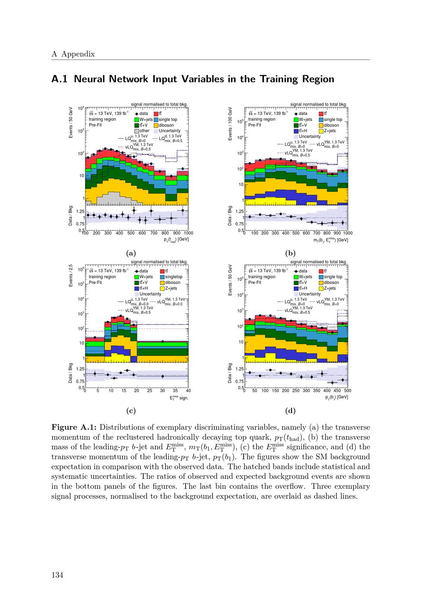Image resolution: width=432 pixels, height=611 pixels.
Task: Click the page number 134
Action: pos(57,575)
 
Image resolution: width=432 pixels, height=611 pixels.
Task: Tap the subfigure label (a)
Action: pos(130,254)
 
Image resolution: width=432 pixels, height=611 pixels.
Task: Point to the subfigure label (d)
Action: pos(290,411)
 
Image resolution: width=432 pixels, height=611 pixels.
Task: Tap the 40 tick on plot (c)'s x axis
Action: pos(188,391)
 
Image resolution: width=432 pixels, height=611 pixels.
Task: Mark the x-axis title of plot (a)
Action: pos(176,239)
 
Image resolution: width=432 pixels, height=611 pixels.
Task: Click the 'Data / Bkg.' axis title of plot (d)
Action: pos(230,372)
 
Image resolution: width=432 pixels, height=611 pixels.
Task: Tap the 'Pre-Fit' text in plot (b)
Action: pos(255,125)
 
